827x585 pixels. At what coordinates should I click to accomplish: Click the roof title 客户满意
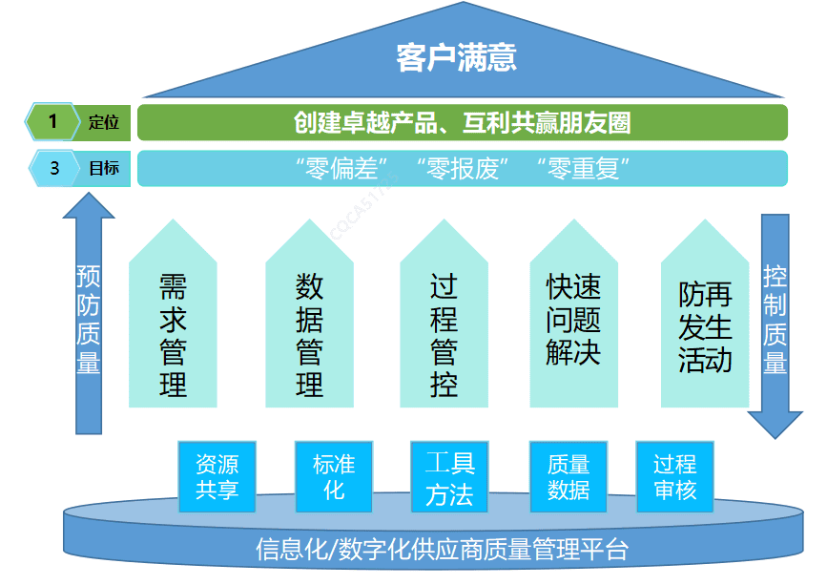(x=456, y=58)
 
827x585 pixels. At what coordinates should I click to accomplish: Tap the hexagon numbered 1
(x=53, y=122)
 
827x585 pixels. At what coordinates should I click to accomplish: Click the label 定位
(x=103, y=122)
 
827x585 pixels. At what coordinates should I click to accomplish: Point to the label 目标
(x=103, y=169)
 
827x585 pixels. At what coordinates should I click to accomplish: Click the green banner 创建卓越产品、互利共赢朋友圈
(x=463, y=123)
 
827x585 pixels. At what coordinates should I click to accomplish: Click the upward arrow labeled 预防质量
(x=89, y=315)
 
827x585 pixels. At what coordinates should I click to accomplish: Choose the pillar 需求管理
(x=173, y=334)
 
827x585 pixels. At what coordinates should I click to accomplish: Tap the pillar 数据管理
(x=309, y=334)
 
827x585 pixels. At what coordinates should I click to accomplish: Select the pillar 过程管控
(x=444, y=334)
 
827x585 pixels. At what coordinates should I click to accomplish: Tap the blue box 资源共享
(x=217, y=476)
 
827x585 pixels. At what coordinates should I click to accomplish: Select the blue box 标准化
(x=333, y=476)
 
